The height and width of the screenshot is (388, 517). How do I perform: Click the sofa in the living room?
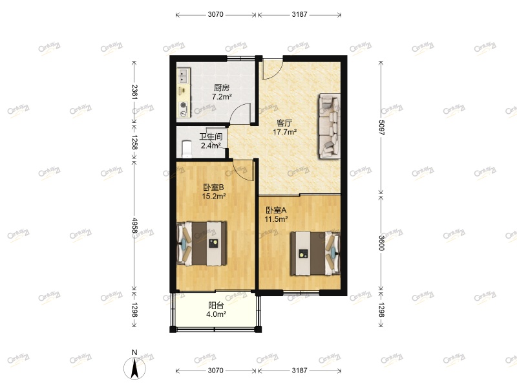tap(329, 125)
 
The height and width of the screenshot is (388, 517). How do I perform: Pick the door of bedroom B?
tap(242, 170)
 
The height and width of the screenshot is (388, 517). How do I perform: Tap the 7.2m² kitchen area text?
tap(222, 98)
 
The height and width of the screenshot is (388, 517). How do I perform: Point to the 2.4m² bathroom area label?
tap(211, 145)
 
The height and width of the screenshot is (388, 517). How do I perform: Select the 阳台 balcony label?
tap(215, 305)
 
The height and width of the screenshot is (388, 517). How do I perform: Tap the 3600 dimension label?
tap(381, 242)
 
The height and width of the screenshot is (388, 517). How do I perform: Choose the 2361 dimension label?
tap(134, 92)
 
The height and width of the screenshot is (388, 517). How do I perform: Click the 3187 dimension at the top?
tap(299, 14)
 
